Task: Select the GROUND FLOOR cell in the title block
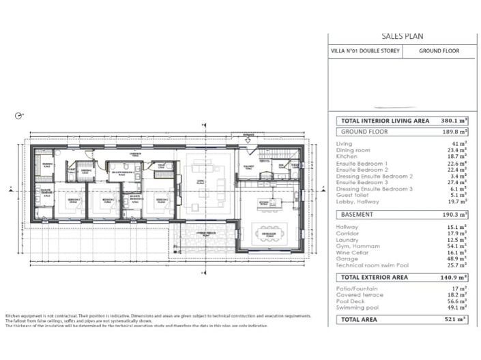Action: coord(439,50)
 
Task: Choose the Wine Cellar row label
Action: coord(352,252)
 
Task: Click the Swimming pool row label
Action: coord(358,307)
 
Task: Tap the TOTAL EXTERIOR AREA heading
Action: coord(375,278)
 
